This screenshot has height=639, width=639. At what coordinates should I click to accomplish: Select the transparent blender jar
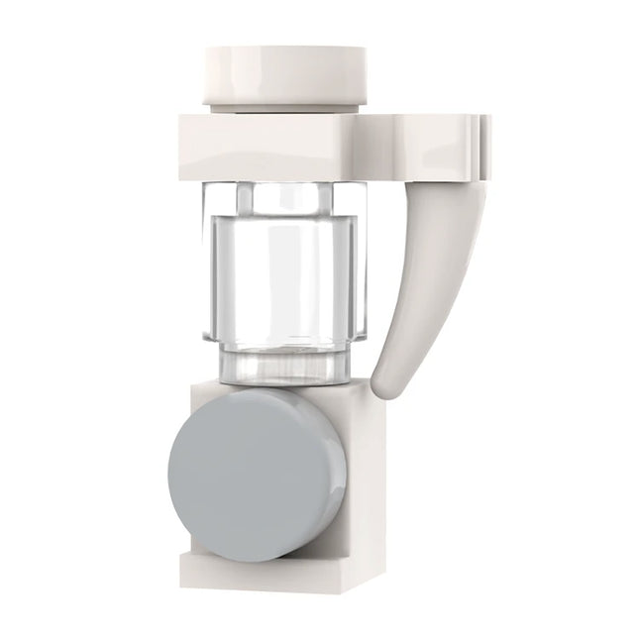pos(282,277)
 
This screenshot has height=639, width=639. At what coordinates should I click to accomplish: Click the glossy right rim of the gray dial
pos(337,476)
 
